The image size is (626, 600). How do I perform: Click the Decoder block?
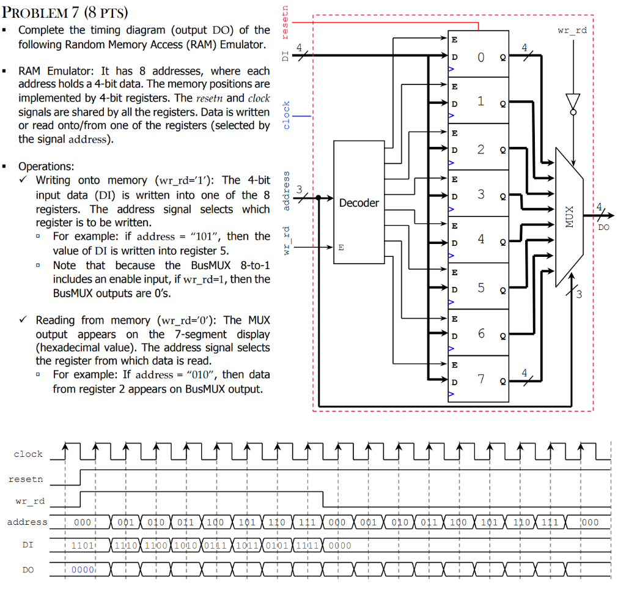pyautogui.click(x=359, y=202)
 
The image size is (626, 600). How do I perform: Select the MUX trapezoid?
pyautogui.click(x=570, y=220)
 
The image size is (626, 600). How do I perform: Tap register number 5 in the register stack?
pyautogui.click(x=481, y=287)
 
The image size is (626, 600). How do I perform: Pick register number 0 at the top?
pyautogui.click(x=481, y=57)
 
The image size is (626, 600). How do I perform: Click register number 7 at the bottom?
pyautogui.click(x=481, y=379)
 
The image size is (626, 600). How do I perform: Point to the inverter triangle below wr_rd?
pyautogui.click(x=572, y=103)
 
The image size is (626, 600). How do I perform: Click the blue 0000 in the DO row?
pyautogui.click(x=83, y=569)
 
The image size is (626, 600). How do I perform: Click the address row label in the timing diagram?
pyautogui.click(x=27, y=522)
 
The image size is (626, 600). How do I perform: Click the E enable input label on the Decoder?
pyautogui.click(x=341, y=248)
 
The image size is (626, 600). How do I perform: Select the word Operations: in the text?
pyautogui.click(x=46, y=166)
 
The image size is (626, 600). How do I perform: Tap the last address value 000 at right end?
pyautogui.click(x=590, y=522)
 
